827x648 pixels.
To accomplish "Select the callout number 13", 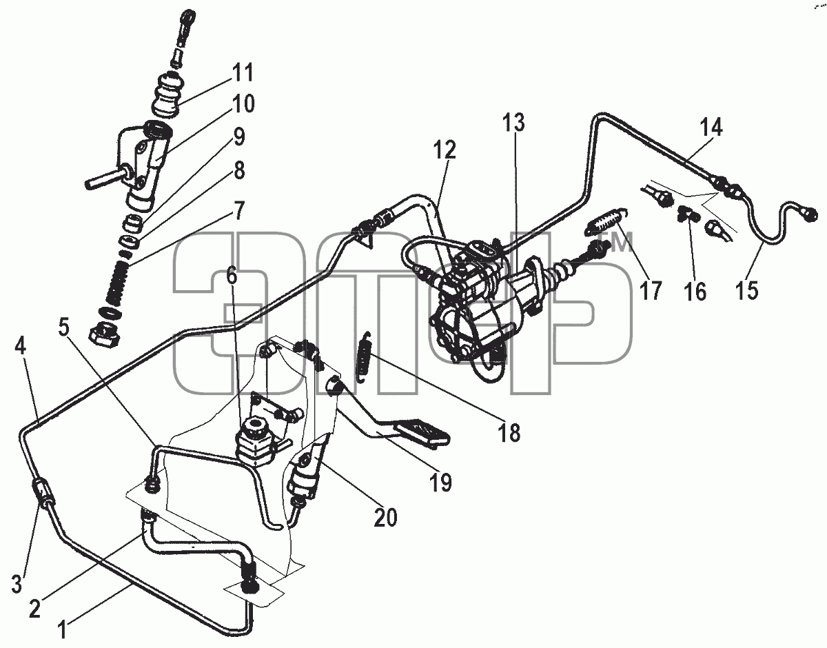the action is [x=513, y=123].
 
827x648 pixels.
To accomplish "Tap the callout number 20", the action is [x=385, y=517].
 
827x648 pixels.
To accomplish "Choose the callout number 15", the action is [x=746, y=290].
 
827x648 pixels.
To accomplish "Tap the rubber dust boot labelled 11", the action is [x=168, y=98].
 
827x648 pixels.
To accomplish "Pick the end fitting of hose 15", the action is [x=810, y=215].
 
